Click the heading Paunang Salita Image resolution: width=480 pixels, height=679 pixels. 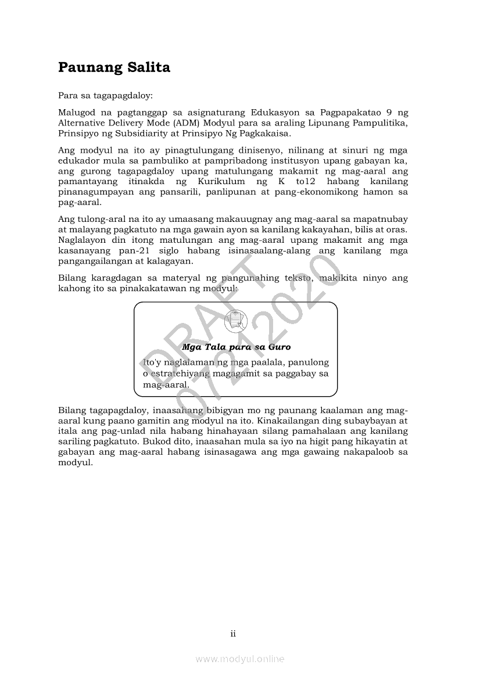114,68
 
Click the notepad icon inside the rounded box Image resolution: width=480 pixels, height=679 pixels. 235,319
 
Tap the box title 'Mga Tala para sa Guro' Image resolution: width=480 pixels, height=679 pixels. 236,347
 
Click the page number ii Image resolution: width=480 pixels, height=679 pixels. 233,634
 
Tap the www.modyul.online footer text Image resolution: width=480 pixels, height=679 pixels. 240,659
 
